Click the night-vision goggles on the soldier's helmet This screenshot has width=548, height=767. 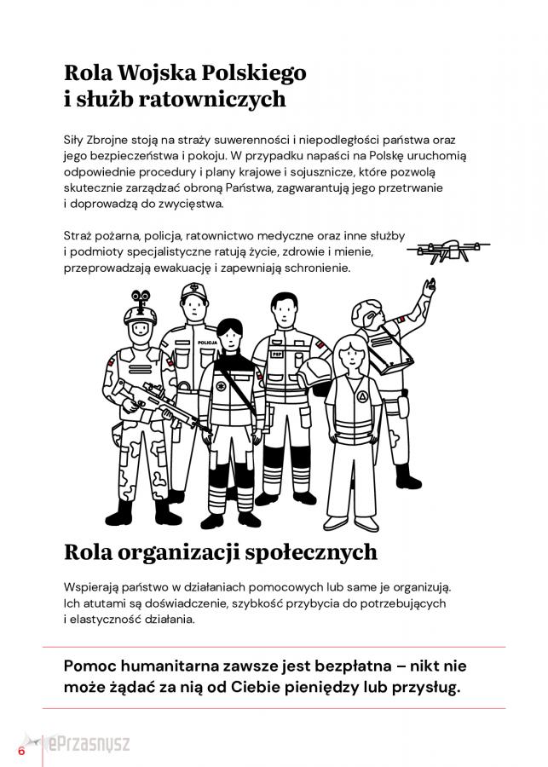tap(141, 297)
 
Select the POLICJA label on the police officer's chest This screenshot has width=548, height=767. tap(207, 343)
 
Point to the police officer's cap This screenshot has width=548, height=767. tap(194, 292)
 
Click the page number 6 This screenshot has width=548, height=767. tap(21, 750)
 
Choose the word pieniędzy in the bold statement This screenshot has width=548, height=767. tap(328, 687)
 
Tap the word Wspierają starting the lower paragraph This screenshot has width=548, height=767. tap(94, 588)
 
